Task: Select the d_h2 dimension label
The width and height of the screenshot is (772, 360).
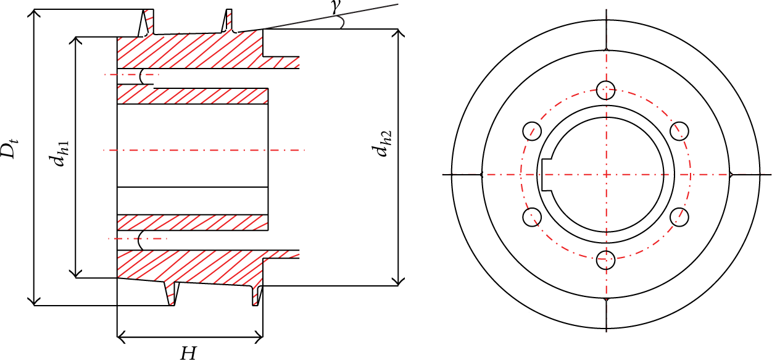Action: point(381,144)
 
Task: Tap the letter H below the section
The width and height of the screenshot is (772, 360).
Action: point(188,353)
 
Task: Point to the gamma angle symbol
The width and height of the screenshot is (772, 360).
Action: point(334,7)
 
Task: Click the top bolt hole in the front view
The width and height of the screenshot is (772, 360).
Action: point(605,90)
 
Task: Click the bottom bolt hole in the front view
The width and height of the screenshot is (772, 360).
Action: point(605,260)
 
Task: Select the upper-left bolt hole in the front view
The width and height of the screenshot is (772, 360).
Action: point(532,132)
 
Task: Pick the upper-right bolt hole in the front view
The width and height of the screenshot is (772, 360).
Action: point(679,132)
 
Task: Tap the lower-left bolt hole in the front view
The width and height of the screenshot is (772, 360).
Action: point(532,217)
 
